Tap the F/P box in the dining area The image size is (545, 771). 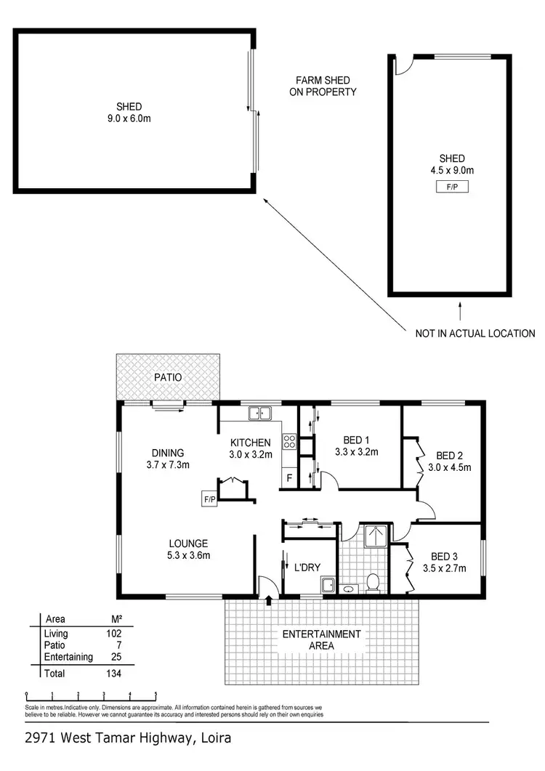coord(210,498)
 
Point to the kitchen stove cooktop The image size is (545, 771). coord(288,441)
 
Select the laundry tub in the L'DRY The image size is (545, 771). coord(328,586)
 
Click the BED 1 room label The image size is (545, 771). coord(357,440)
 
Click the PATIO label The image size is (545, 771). coord(168,378)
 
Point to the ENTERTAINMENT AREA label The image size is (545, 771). coord(321,639)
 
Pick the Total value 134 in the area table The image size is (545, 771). coord(113,674)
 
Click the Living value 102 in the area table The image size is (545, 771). coord(113,634)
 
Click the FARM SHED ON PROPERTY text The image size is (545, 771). coord(326,86)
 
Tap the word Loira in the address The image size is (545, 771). coord(214,739)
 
